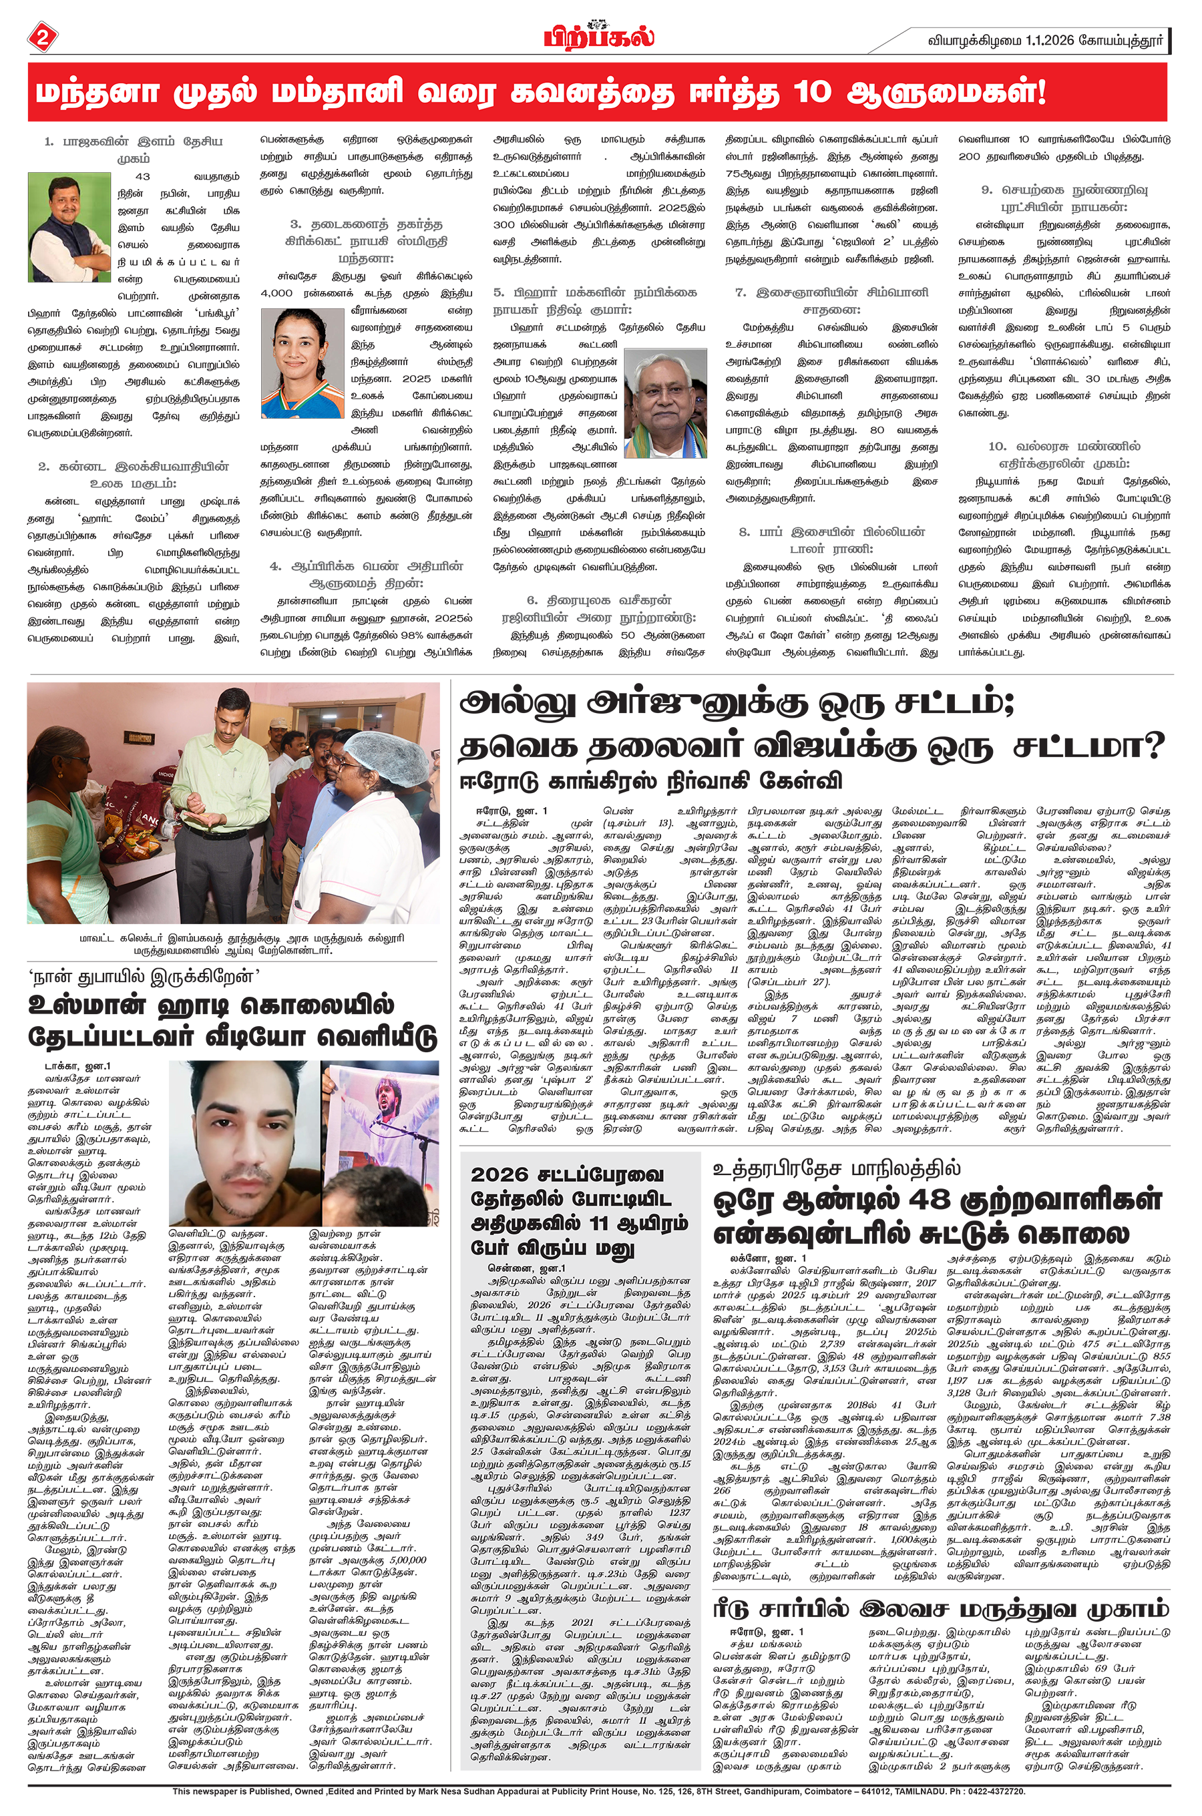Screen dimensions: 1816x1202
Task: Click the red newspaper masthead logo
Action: click(600, 35)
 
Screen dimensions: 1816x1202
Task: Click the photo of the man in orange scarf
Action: click(69, 228)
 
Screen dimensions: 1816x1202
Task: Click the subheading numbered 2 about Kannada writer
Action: click(134, 474)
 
